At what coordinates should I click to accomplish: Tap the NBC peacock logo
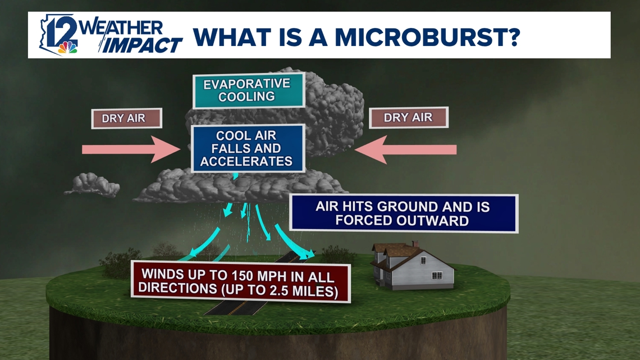[67, 47]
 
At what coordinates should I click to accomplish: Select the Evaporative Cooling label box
[248, 90]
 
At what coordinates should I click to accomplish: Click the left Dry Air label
[126, 119]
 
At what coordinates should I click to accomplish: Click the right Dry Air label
[408, 117]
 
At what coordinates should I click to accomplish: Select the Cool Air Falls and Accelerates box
[248, 149]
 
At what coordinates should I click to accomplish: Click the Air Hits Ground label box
[403, 213]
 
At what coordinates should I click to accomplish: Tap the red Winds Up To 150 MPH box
[240, 283]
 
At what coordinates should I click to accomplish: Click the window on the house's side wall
[436, 276]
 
